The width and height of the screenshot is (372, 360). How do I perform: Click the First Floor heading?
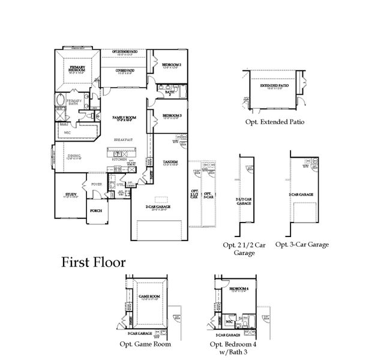tap(93, 262)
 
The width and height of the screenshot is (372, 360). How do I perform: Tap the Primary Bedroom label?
tap(77, 69)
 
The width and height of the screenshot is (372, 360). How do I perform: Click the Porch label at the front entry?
tap(95, 211)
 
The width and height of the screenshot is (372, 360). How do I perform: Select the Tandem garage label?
tap(170, 163)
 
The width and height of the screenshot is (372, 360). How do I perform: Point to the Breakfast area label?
tap(124, 140)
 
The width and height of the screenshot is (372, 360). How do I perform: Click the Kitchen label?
tap(119, 160)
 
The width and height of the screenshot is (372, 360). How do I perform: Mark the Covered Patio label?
tap(125, 71)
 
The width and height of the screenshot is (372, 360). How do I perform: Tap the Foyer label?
tap(97, 184)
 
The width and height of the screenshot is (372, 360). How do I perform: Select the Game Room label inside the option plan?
tap(148, 296)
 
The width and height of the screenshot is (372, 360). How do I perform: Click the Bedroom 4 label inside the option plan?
tap(238, 290)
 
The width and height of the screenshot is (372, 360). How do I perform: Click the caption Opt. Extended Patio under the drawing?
tap(274, 121)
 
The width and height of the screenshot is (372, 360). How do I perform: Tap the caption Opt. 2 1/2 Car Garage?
tap(244, 248)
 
